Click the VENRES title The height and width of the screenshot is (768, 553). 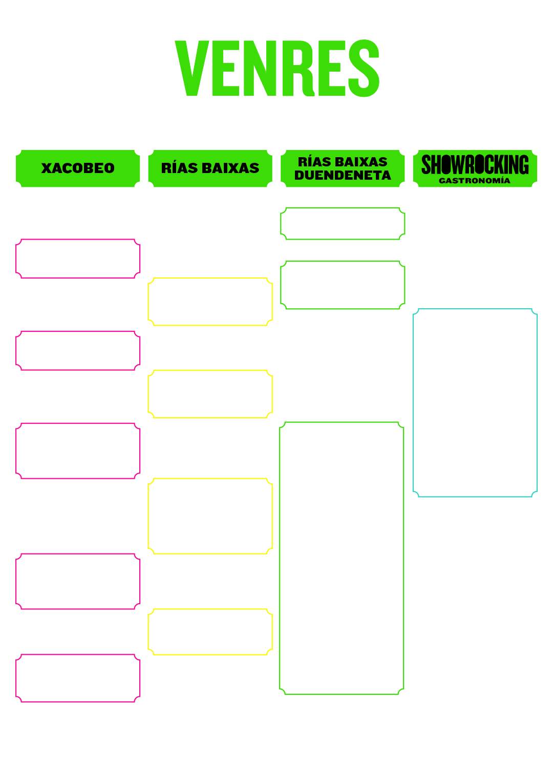[x=277, y=68]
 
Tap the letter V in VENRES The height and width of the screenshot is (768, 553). [x=192, y=68]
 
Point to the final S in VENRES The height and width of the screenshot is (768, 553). [x=364, y=68]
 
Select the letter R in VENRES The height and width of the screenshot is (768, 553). [x=299, y=68]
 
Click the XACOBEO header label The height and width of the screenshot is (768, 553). [x=78, y=168]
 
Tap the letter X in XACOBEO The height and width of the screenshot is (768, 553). [x=46, y=168]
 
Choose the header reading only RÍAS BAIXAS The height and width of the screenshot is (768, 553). [x=210, y=168]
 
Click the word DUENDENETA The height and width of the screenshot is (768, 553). [x=343, y=175]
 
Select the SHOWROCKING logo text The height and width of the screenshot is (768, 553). [x=475, y=164]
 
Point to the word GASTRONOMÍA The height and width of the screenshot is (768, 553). [x=475, y=181]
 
